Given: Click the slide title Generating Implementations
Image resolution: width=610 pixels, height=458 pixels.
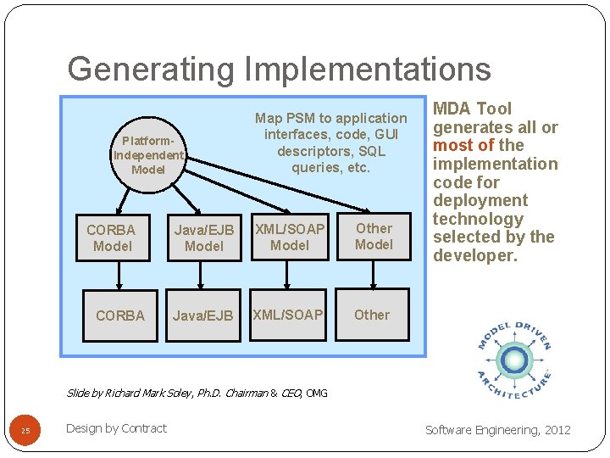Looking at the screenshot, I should [279, 69].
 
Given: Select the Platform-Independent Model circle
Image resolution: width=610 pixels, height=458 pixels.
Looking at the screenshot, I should [148, 155].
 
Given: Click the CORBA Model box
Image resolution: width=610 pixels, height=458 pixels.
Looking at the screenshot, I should [113, 237].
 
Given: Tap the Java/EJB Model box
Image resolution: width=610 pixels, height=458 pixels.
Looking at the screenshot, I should [203, 237].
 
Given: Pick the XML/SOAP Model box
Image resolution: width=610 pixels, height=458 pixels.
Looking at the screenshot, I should [290, 237].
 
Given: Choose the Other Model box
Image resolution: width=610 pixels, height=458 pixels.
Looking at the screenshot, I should [374, 237].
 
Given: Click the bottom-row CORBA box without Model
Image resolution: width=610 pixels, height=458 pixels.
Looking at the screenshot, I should [120, 316].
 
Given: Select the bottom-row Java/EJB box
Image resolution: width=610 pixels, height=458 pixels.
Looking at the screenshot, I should [203, 316].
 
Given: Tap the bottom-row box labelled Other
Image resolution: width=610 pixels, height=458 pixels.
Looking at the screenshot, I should [372, 315].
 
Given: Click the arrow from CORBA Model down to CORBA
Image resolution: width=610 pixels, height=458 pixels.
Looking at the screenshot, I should [118, 274].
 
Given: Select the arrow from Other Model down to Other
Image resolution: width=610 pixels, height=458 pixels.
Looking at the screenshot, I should [373, 273].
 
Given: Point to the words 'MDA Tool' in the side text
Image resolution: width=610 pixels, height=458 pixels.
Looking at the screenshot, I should [473, 109].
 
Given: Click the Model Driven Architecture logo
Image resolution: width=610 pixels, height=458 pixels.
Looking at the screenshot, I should [513, 360].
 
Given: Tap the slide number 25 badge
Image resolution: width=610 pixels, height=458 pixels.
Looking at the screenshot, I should [25, 431].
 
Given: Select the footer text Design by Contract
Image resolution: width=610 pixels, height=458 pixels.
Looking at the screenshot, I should [116, 428].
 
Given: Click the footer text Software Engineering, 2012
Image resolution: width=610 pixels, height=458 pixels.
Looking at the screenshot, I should [498, 430].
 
